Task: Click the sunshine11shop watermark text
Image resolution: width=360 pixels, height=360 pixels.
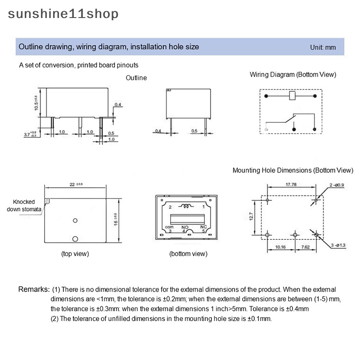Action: pos(63,14)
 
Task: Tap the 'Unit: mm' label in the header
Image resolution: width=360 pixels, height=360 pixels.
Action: pos(323,47)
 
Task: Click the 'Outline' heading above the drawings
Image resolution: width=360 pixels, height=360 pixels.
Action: pos(136,78)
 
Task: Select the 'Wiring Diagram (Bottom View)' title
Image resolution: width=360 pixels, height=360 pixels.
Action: pos(293,75)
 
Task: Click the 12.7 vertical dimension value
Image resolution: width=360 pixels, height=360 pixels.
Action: pos(252,216)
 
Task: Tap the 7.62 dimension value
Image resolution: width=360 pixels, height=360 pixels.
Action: pos(305,247)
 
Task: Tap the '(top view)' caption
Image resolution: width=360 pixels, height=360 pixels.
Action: pos(75,254)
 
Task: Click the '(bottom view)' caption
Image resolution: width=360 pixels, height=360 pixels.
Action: pos(188,254)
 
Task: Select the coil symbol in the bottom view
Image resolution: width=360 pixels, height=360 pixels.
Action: pos(185,207)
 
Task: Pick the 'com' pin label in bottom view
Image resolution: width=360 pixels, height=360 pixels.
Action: pos(169,227)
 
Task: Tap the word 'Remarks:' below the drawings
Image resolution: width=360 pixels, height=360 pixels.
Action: pos(34,289)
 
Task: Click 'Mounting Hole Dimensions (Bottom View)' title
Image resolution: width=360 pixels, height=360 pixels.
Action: pos(293,171)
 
